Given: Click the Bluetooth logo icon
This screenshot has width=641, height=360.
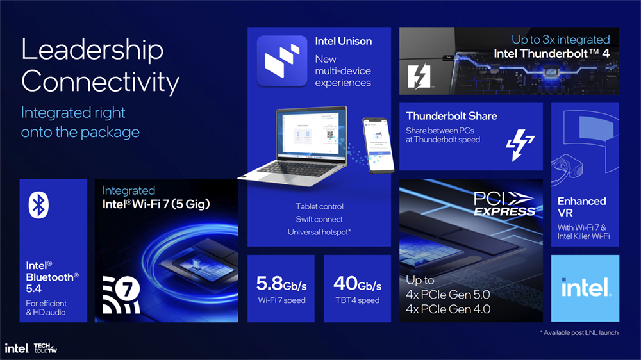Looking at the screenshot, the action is [x=38, y=205].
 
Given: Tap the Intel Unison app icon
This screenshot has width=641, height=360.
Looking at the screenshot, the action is [x=282, y=61].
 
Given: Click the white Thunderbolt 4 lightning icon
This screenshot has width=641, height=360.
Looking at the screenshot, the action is [x=419, y=76].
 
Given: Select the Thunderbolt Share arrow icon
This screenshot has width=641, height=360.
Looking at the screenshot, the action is [x=520, y=145].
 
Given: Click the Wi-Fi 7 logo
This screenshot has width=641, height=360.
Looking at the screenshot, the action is [x=121, y=295].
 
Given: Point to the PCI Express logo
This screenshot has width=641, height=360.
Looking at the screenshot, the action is [x=504, y=204].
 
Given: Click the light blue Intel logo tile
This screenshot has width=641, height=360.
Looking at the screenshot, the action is [x=585, y=288].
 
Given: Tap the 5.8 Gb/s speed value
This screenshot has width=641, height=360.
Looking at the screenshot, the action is [x=281, y=284].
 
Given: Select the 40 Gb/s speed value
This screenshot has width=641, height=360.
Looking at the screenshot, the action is [x=357, y=284].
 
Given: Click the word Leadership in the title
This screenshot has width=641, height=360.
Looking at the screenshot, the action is [x=92, y=50].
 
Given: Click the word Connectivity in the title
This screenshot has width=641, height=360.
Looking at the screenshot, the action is [x=100, y=82].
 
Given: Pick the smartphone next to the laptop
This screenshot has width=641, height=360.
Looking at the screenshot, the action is [x=378, y=145].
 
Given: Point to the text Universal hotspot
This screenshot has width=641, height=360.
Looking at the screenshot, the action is [x=319, y=232].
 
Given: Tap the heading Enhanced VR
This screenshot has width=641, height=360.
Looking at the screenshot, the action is [x=582, y=207].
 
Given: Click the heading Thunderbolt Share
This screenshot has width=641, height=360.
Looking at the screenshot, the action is [x=452, y=116].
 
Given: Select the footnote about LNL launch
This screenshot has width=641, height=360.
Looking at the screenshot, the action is [x=579, y=332].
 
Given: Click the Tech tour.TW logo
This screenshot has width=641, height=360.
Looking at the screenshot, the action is [x=46, y=348].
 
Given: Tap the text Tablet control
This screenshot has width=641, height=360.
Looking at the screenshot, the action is [x=319, y=207].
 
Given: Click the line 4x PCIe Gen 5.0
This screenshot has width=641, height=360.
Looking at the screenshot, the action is [x=447, y=295].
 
